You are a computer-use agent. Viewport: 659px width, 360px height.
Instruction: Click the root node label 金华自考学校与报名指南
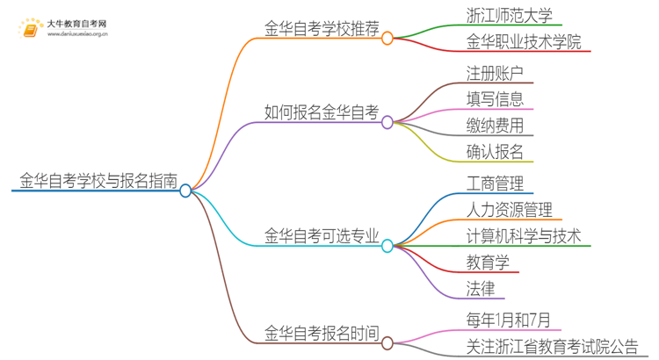point(98,182)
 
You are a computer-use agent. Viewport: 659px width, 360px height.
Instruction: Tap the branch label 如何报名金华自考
point(322,112)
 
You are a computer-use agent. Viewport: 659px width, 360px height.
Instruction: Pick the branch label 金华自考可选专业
point(322,235)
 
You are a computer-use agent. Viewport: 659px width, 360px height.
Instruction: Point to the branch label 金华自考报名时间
point(322,333)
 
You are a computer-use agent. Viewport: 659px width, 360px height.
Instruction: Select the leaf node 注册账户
point(496,71)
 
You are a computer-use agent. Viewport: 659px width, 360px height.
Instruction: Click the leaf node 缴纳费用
point(496,125)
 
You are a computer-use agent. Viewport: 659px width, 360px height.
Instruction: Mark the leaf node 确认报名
point(496,151)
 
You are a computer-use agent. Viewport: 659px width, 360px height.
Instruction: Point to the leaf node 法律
point(481,288)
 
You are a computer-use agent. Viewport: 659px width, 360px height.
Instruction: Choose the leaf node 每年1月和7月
point(509,320)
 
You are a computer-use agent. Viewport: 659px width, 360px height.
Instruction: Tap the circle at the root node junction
point(185,191)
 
